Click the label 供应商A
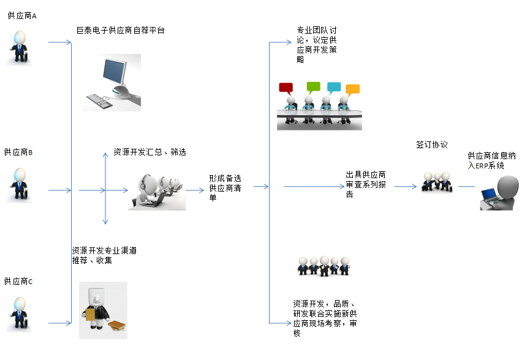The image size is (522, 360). click(22, 16)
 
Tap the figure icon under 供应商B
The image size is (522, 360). click(19, 183)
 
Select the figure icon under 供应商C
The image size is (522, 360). click(19, 313)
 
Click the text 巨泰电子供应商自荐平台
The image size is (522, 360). click(120, 30)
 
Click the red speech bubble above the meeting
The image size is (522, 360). click(286, 88)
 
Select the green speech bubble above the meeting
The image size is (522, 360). click(313, 86)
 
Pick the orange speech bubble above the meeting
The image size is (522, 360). click(352, 89)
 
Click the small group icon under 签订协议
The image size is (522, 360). click(437, 181)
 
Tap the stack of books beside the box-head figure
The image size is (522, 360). click(117, 327)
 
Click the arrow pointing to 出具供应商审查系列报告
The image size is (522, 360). click(312, 186)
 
